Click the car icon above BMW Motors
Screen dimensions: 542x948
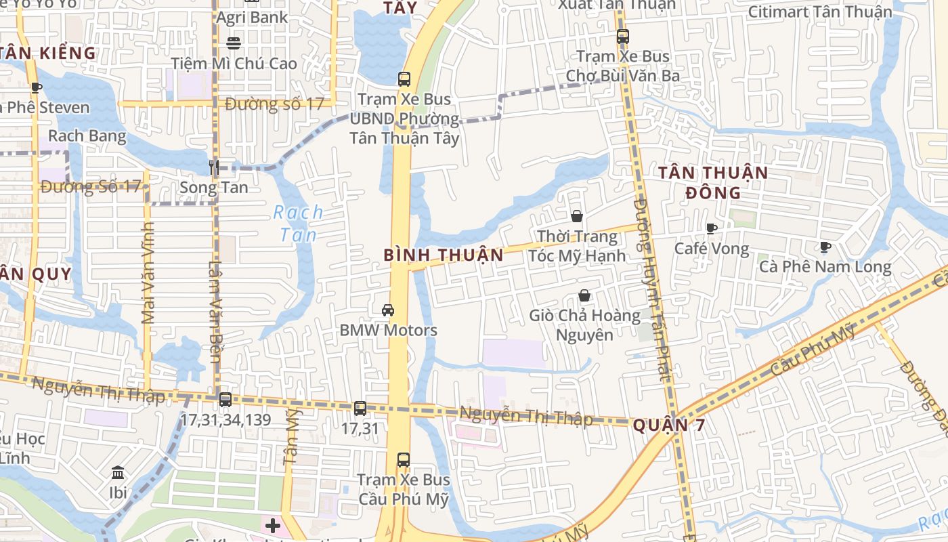point(388,310)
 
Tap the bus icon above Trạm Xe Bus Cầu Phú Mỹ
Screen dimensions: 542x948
point(404,459)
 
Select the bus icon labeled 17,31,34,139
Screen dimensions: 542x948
point(225,400)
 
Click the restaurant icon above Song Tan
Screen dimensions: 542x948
point(214,167)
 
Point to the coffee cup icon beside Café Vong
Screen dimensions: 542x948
point(711,228)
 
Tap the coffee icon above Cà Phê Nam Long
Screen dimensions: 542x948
point(825,247)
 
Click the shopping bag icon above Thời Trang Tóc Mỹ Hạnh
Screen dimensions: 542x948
point(577,216)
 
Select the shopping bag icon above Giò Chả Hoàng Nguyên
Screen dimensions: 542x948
point(584,295)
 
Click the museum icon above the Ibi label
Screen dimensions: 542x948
point(118,472)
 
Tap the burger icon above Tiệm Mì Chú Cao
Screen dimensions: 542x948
point(234,43)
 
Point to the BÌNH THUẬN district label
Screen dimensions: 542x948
point(444,255)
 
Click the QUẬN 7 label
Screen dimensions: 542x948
point(668,425)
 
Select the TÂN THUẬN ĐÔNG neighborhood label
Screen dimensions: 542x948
point(713,182)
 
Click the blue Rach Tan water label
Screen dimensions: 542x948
point(298,224)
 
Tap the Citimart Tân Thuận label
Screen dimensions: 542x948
point(820,12)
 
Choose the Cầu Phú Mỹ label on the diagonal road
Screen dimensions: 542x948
point(813,350)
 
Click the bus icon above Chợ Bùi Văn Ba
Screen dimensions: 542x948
point(622,37)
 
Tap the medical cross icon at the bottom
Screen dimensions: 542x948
point(272,526)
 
